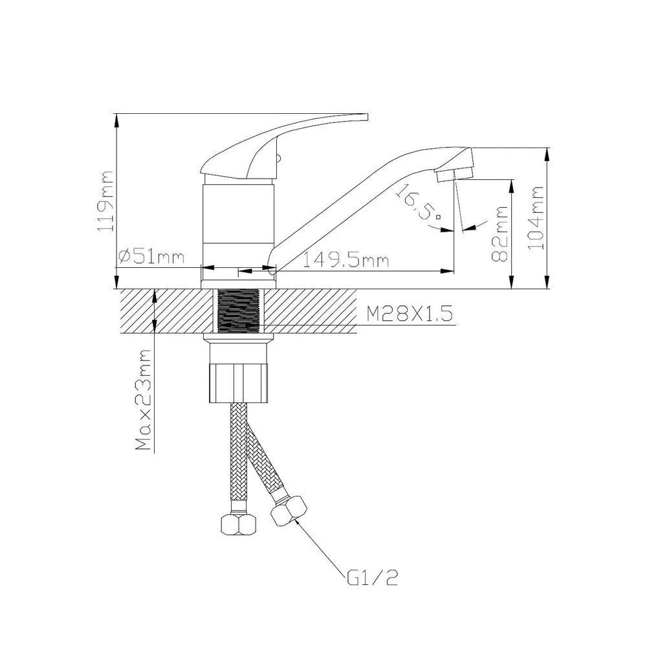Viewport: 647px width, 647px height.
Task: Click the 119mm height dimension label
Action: coord(105,201)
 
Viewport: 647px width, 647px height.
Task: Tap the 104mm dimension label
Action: coord(536,218)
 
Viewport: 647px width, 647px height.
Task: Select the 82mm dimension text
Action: coord(499,234)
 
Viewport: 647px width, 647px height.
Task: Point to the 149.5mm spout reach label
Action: coord(345,260)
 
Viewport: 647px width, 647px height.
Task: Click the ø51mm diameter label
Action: coord(151,257)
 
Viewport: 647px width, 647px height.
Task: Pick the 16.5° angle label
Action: coord(417,202)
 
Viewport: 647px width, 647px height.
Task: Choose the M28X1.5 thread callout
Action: coord(410,314)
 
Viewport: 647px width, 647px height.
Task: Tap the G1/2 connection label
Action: coord(373,578)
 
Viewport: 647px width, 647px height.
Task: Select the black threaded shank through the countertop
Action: coord(237,311)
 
